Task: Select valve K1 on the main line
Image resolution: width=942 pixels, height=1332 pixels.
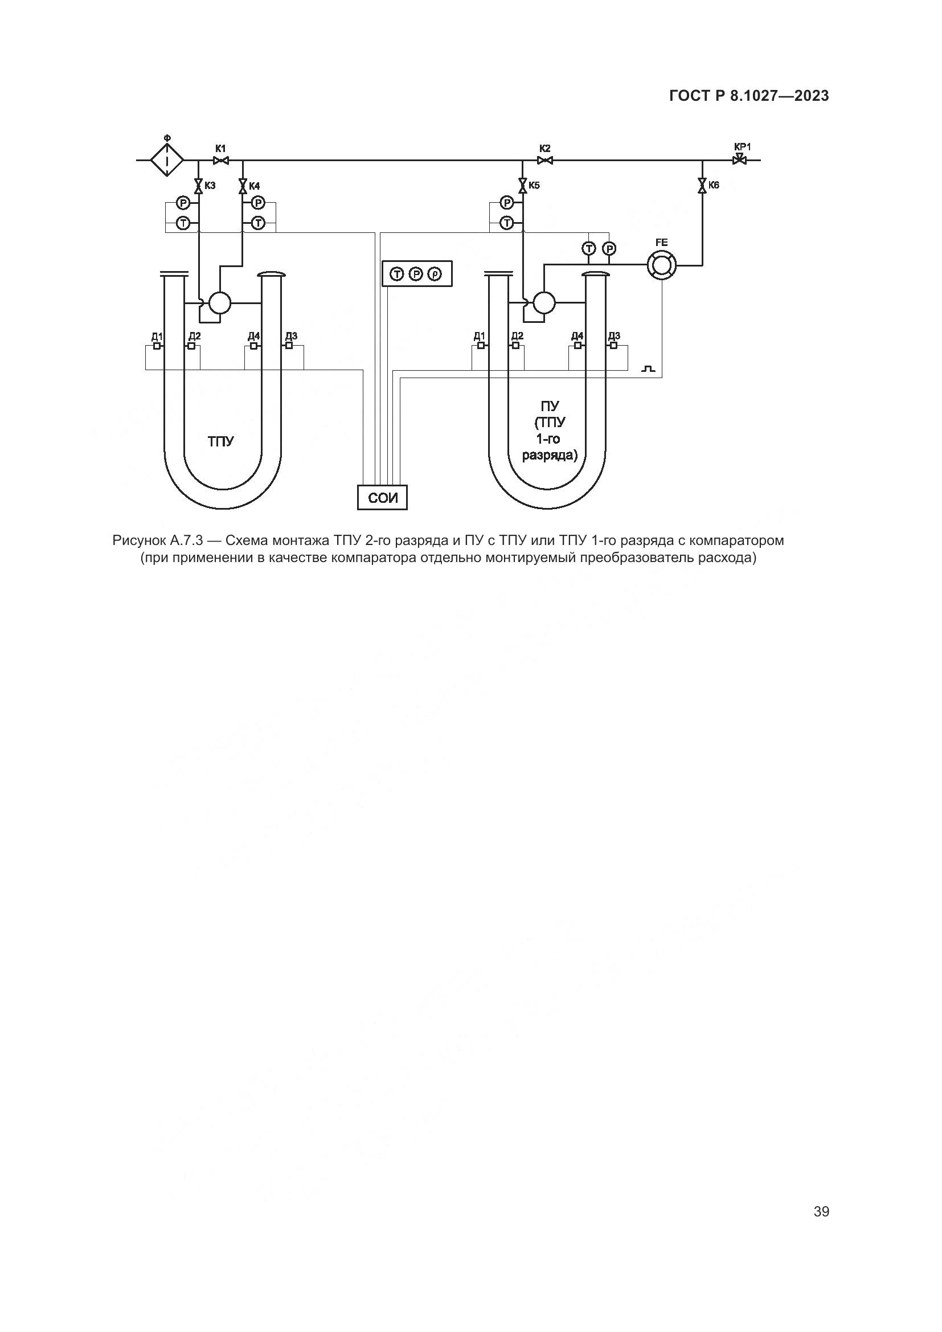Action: pyautogui.click(x=220, y=160)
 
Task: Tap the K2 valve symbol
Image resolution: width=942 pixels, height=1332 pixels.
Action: pyautogui.click(x=544, y=160)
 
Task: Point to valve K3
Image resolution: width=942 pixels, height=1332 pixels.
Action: pyautogui.click(x=198, y=186)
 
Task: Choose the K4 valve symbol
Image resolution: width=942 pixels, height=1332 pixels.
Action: pyautogui.click(x=243, y=186)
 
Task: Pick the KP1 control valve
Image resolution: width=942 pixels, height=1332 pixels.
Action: pyautogui.click(x=740, y=159)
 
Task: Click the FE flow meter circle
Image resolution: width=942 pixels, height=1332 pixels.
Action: pyautogui.click(x=662, y=265)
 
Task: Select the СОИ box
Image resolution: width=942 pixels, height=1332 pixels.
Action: pyautogui.click(x=382, y=497)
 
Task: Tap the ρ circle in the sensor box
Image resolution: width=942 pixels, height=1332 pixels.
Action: pyautogui.click(x=435, y=274)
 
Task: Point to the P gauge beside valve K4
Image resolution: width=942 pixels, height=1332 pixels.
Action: pyautogui.click(x=258, y=203)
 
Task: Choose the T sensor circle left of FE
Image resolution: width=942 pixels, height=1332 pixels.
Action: pyautogui.click(x=589, y=249)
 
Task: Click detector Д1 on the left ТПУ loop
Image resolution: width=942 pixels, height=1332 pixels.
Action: pyautogui.click(x=157, y=346)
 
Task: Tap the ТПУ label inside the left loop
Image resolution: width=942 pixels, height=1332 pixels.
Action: pyautogui.click(x=221, y=441)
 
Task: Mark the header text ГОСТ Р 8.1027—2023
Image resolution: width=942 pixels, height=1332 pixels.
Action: pyautogui.click(x=749, y=96)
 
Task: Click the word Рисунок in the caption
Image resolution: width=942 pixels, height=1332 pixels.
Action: pyautogui.click(x=136, y=540)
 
